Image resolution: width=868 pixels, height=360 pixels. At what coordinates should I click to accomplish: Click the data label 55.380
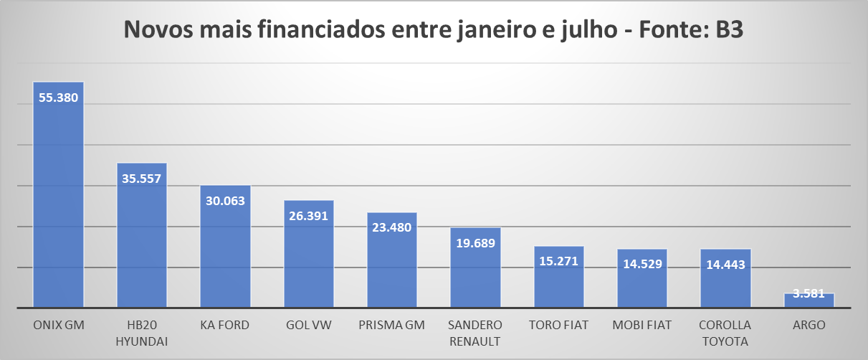[x=59, y=98]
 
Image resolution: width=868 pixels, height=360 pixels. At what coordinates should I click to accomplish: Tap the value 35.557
[x=142, y=179]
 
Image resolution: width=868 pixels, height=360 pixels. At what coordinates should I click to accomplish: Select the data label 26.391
[x=308, y=216]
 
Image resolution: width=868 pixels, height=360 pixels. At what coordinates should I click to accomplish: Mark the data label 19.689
[x=475, y=243]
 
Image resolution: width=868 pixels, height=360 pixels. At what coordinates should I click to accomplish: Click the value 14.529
[x=642, y=264]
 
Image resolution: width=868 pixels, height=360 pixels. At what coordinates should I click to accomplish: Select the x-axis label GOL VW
[x=308, y=325]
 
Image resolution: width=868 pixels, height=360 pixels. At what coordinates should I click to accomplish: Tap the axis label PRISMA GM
[x=391, y=325]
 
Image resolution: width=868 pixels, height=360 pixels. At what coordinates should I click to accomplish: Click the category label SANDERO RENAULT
[x=475, y=333]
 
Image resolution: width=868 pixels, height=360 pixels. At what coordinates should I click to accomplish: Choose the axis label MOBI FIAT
[x=642, y=325]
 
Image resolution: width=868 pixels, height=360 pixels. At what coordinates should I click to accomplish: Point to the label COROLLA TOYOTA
[x=725, y=333]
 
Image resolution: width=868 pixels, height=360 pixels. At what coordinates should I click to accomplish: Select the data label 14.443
[x=725, y=264]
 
